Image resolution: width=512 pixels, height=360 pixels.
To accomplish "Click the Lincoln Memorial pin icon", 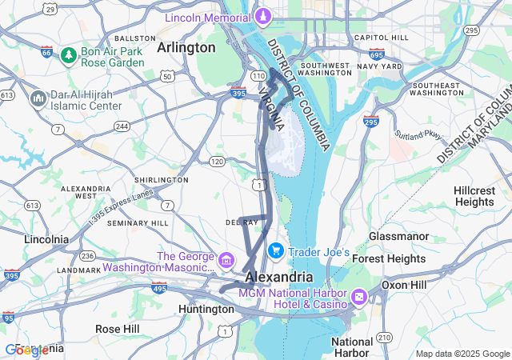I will pyautogui.click(x=262, y=16).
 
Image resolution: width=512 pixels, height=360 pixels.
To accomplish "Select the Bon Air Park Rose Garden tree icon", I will pyautogui.click(x=69, y=55).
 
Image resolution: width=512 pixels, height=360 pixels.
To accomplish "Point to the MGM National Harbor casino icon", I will pyautogui.click(x=358, y=298).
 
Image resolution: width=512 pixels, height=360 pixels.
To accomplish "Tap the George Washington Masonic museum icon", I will pyautogui.click(x=226, y=260).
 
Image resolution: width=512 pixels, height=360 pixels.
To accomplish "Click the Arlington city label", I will pyautogui.click(x=186, y=47).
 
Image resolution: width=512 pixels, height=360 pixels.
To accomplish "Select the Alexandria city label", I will pyautogui.click(x=279, y=276).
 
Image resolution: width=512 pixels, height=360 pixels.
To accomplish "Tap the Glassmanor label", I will pyautogui.click(x=400, y=237).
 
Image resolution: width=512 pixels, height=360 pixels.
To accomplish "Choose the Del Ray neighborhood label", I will pyautogui.click(x=241, y=222).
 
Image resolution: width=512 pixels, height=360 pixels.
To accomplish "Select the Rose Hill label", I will pyautogui.click(x=117, y=329).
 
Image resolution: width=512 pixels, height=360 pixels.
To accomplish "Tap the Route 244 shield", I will pyautogui.click(x=122, y=126).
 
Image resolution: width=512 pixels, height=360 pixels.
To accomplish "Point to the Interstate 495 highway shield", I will pyautogui.click(x=159, y=287).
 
